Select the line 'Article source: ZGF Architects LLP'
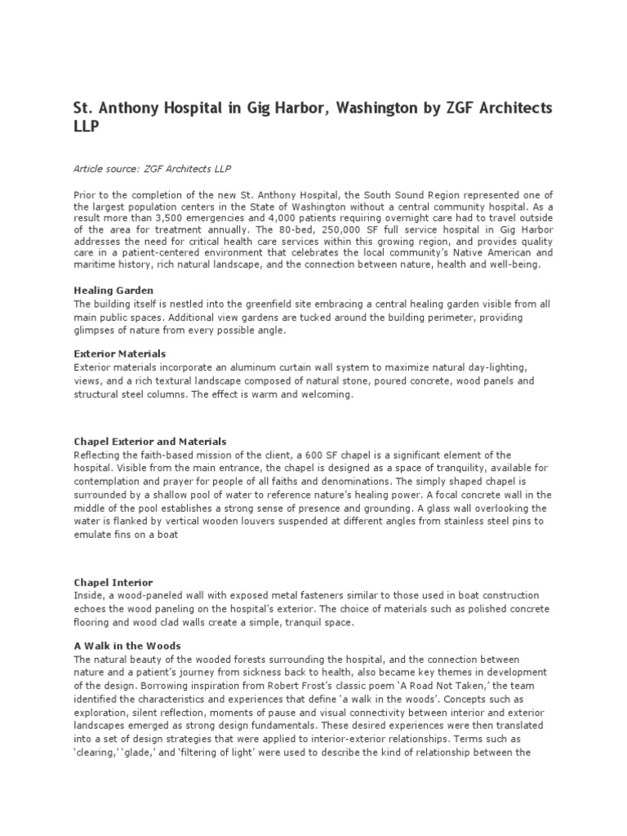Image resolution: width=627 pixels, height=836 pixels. pos(153,169)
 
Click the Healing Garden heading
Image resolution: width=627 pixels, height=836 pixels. pos(113,291)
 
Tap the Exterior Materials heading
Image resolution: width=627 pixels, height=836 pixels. pos(119,354)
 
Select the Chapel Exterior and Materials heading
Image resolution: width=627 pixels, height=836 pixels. pos(150,441)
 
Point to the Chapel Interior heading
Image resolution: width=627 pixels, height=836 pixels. pos(113,582)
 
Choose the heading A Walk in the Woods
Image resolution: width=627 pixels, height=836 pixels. pos(127,646)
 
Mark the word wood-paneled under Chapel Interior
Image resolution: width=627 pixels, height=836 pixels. pos(151,595)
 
